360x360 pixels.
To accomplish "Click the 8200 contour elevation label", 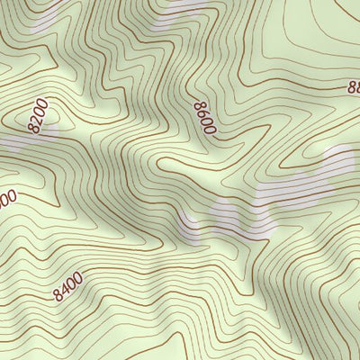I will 38,116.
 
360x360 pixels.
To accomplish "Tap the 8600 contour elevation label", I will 205,118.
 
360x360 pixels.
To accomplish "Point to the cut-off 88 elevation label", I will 353,87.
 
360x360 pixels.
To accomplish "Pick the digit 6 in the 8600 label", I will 202,114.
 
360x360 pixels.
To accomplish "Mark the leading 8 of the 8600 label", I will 200,106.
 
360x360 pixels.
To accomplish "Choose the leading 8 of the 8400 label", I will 58,295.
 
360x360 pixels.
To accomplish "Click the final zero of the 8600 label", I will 211,130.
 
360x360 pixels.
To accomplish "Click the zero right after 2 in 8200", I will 40,112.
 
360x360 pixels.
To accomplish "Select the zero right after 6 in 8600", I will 207,122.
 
